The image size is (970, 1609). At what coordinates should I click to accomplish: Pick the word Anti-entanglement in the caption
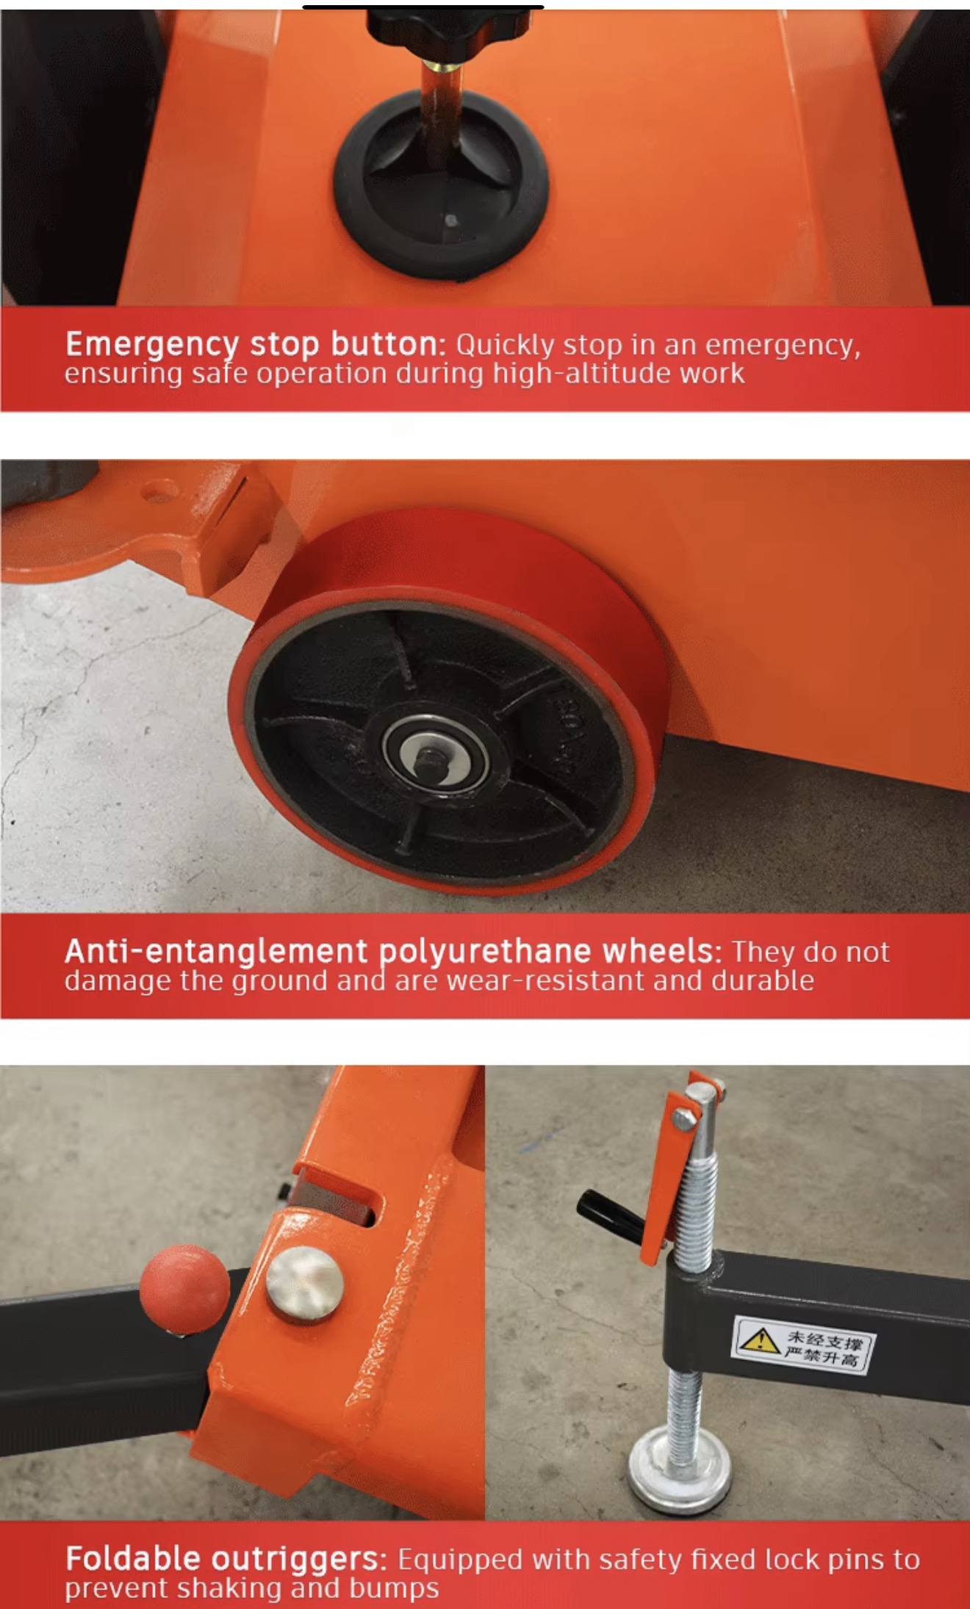coord(216,952)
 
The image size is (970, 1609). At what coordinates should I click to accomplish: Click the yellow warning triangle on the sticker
coord(760,1339)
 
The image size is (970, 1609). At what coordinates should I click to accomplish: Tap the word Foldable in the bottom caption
coord(133,1559)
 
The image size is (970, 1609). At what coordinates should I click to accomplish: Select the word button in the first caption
coord(388,344)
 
